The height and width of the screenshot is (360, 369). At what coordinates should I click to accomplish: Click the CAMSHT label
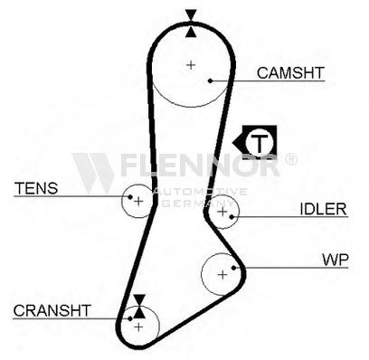click(290, 73)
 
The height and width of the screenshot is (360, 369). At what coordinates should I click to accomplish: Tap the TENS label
click(36, 188)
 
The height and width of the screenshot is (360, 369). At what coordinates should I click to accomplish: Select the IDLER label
click(323, 209)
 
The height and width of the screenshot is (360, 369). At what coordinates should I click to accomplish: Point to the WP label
click(336, 260)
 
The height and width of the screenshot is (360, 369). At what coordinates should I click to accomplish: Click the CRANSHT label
click(52, 310)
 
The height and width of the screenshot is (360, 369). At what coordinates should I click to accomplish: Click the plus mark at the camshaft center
click(191, 65)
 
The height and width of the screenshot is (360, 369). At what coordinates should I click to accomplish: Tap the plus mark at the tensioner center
click(138, 201)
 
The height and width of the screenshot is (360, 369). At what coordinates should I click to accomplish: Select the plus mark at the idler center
click(222, 212)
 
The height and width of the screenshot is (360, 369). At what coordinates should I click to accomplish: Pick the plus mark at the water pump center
click(222, 275)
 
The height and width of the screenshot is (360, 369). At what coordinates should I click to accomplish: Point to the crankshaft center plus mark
click(138, 327)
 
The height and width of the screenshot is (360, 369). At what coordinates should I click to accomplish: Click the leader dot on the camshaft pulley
click(211, 81)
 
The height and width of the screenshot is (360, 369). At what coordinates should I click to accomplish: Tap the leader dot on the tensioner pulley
click(130, 197)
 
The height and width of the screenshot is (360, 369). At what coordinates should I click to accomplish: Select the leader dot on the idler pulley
click(232, 217)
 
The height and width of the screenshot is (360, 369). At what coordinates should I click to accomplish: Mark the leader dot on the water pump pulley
click(233, 268)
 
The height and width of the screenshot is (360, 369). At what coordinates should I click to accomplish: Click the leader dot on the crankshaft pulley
click(130, 318)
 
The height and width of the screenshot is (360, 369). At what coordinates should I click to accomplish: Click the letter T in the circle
click(260, 143)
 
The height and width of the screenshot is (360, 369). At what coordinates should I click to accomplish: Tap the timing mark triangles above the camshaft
click(191, 24)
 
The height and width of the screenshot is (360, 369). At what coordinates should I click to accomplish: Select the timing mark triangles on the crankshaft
click(139, 306)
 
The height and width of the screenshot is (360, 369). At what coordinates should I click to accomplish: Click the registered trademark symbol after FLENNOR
click(290, 159)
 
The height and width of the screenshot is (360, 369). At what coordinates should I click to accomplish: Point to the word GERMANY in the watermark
click(197, 203)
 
